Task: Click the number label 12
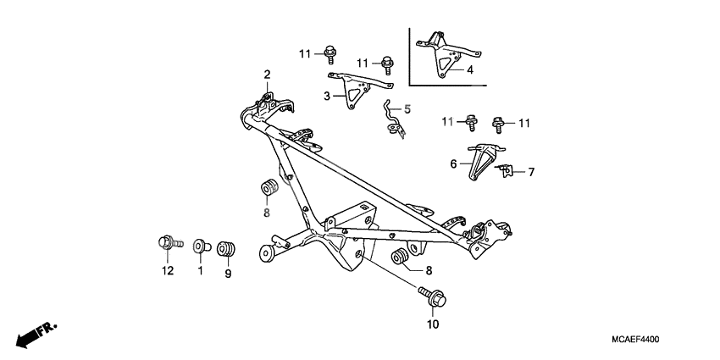pyautogui.click(x=168, y=271)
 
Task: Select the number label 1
pyautogui.click(x=201, y=271)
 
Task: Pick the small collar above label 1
pyautogui.click(x=200, y=246)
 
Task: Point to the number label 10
pyautogui.click(x=433, y=323)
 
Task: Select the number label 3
pyautogui.click(x=326, y=97)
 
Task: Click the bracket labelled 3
pyautogui.click(x=357, y=90)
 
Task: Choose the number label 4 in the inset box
pyautogui.click(x=470, y=70)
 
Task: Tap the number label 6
pyautogui.click(x=453, y=163)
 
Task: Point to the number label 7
pyautogui.click(x=531, y=172)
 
